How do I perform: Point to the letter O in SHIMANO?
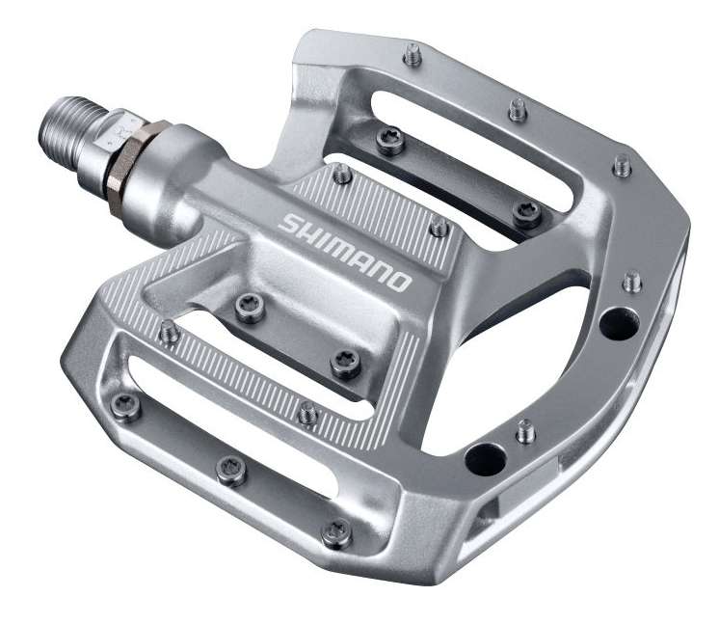398,281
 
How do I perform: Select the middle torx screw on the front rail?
229,470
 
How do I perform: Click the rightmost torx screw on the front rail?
336,530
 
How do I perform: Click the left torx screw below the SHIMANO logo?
249,308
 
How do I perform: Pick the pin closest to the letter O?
439,228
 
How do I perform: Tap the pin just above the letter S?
341,176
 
